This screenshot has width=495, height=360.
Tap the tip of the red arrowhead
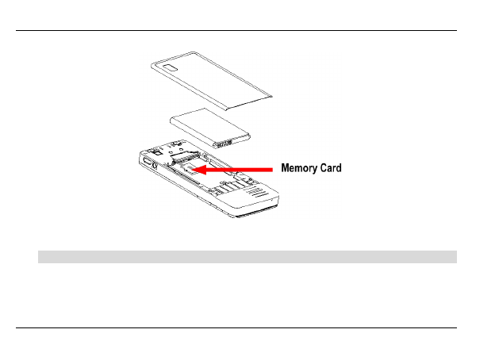tap(195, 169)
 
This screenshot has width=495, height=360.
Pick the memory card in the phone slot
tap(187, 170)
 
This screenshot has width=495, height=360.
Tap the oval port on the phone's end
tap(148, 163)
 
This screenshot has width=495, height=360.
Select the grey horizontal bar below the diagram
tap(247, 256)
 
